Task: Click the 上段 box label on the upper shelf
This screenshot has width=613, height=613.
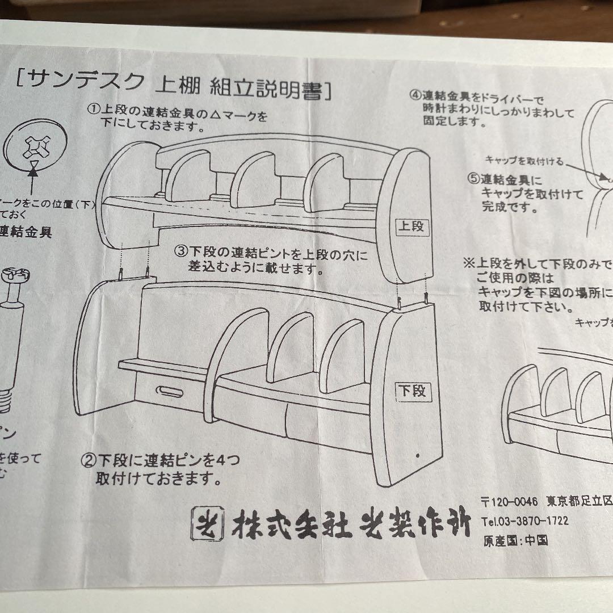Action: [x=412, y=226]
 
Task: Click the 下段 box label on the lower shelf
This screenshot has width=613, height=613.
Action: [x=414, y=390]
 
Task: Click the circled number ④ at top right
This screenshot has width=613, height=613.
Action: [x=415, y=95]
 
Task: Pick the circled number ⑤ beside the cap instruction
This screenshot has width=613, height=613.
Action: [x=474, y=179]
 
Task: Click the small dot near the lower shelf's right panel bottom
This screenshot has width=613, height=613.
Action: [x=418, y=456]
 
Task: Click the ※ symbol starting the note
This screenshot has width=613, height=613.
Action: [x=468, y=264]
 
